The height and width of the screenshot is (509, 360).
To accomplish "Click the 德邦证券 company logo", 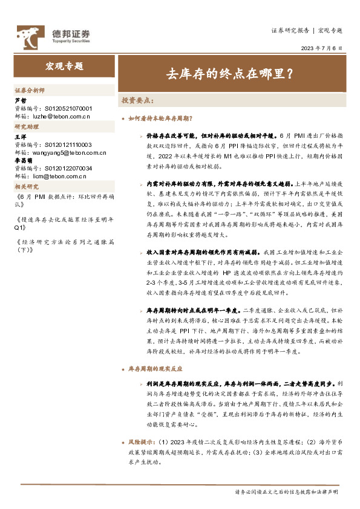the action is (53, 36).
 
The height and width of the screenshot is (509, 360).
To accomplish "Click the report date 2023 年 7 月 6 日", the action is (321, 48).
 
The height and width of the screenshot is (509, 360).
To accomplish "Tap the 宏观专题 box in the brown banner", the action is (64, 66).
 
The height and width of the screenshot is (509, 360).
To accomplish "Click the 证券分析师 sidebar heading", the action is (30, 90).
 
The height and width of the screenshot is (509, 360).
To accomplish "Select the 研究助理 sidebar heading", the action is (27, 127).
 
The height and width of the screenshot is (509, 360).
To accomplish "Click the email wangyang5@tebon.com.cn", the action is (63, 153).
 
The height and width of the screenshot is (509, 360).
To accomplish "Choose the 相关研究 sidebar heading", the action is (27, 187).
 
